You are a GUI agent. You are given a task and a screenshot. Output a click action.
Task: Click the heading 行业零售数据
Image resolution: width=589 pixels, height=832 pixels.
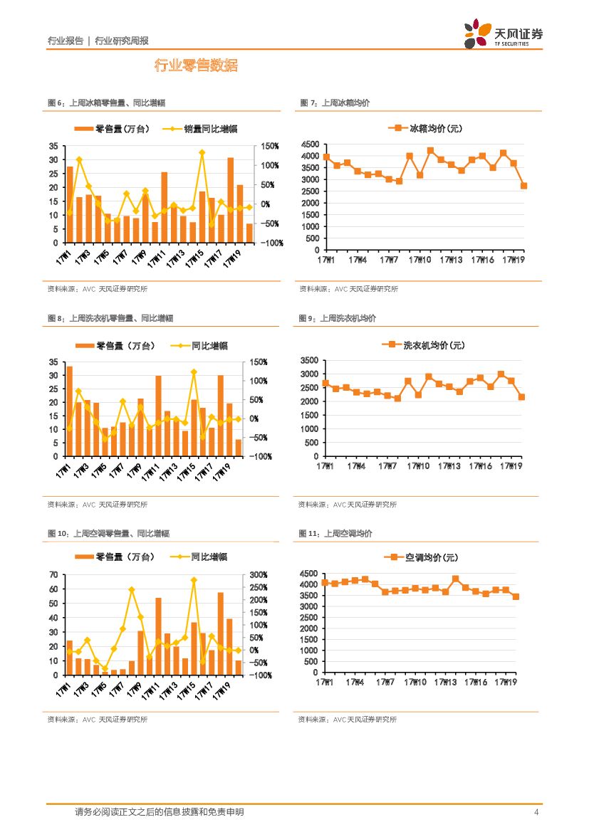tap(196, 66)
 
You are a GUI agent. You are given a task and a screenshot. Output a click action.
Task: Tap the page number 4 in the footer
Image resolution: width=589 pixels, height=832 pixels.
tap(536, 812)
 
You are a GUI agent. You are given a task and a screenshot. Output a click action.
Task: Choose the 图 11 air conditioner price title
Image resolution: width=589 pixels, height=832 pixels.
tap(335, 533)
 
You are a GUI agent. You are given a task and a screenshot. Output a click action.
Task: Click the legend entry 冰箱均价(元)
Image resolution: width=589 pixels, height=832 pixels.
tap(426, 129)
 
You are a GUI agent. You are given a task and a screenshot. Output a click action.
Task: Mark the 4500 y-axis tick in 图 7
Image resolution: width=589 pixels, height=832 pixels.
tap(310, 146)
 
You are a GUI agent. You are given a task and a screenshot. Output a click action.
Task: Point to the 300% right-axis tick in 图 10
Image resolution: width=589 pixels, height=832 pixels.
tap(259, 575)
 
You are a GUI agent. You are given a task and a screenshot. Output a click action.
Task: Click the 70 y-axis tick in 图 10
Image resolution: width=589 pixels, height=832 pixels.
tap(53, 575)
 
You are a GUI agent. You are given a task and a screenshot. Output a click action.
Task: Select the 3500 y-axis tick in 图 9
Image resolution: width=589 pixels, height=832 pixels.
tap(310, 361)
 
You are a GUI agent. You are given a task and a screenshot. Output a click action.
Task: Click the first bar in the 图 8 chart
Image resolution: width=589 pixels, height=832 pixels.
tap(70, 411)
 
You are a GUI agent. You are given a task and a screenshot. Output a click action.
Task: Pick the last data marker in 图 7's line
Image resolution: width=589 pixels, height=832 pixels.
tap(523, 186)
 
